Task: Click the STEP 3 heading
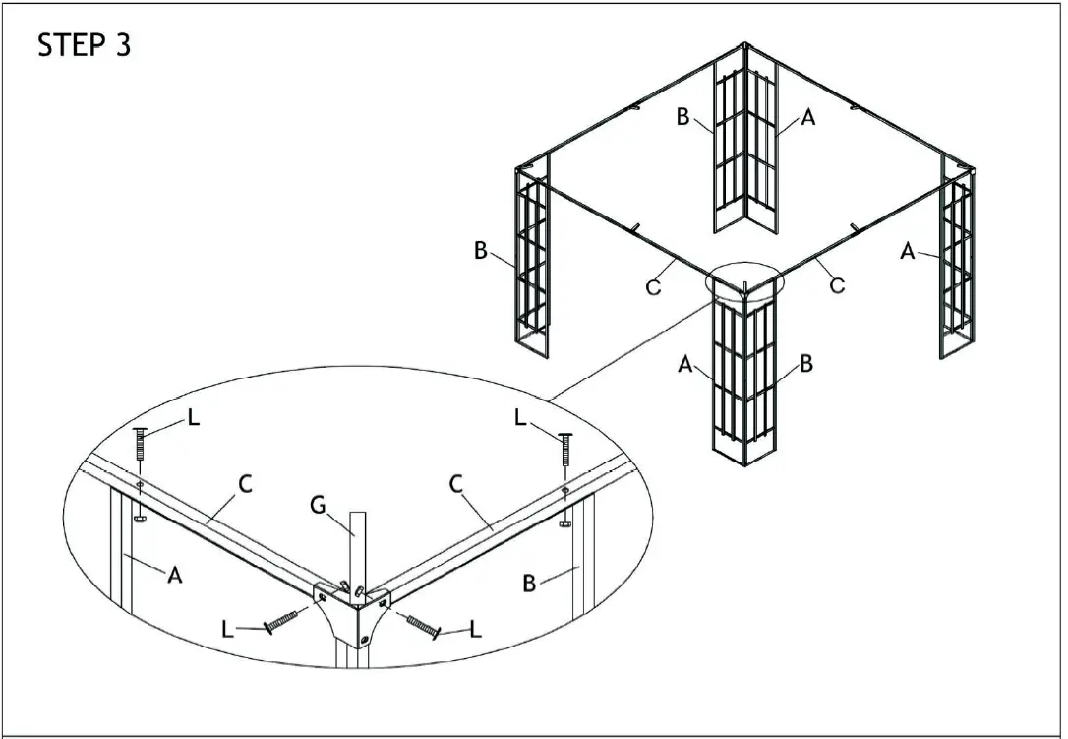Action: coord(84,45)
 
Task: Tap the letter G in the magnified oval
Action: coord(319,507)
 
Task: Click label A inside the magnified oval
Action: coord(175,576)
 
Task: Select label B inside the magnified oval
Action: coord(529,584)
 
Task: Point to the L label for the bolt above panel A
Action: coord(193,418)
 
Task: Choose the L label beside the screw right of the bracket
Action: coord(476,630)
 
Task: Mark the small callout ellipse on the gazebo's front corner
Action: coord(745,282)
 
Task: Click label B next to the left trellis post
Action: coord(481,251)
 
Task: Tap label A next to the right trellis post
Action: coord(908,252)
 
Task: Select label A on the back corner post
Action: coord(808,117)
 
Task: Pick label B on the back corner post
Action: coord(682,117)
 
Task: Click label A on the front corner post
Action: coord(685,364)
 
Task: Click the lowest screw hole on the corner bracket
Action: coord(365,640)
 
